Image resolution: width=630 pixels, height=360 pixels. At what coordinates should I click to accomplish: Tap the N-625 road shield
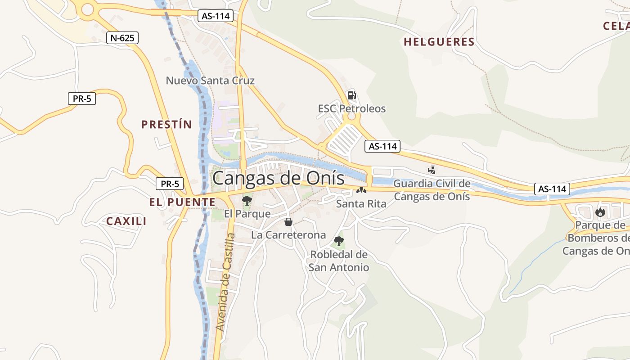122,38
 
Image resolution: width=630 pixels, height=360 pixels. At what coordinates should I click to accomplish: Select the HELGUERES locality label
439,42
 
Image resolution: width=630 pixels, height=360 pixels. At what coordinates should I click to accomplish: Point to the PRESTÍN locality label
166,125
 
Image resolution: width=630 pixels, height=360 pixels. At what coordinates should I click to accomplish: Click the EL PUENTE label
182,202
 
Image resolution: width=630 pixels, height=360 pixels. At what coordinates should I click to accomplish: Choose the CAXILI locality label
126,221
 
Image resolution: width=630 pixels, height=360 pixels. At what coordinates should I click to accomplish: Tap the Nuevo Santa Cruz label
210,81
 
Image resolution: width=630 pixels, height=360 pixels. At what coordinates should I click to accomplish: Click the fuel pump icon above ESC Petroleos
351,95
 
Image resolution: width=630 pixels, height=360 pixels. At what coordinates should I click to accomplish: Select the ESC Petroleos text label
352,108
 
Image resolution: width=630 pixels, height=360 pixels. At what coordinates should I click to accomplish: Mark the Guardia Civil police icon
432,170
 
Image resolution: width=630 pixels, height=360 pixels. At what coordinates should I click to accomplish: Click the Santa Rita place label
361,204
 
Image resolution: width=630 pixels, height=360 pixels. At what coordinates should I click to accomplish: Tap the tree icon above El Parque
247,200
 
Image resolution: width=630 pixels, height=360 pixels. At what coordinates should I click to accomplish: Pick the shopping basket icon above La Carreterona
288,222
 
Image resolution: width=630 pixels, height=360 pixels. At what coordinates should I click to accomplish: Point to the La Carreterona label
288,235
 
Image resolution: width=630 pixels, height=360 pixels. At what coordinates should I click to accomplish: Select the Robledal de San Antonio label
339,261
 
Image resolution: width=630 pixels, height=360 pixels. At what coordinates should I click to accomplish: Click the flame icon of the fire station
600,212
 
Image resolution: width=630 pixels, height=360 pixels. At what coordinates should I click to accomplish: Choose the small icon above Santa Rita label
361,191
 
